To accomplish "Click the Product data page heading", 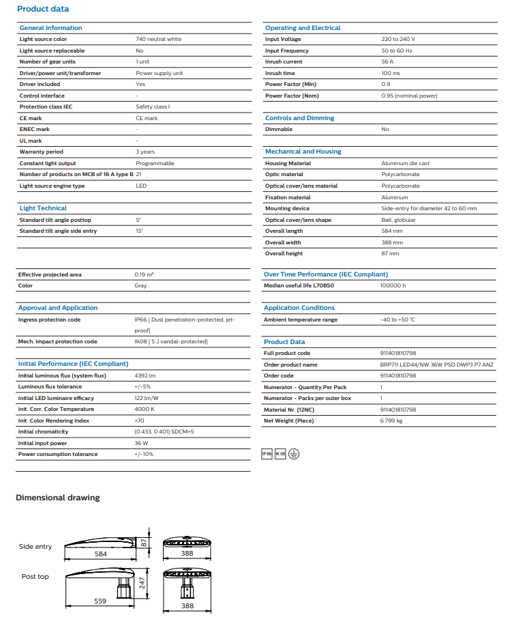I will (42, 9).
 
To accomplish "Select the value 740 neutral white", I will (158, 40).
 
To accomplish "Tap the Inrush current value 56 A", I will (387, 62).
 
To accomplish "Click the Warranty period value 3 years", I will (145, 152).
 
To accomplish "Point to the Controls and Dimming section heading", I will (299, 118).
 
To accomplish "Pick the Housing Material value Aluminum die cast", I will (405, 164).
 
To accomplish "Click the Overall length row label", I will (284, 231).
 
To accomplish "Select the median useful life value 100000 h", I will (393, 286).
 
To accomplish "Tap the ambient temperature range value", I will (397, 320).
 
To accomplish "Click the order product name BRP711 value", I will (436, 365).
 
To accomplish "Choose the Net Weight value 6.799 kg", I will (391, 421).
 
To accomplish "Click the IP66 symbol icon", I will (267, 454).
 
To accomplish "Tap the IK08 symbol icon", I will (280, 454).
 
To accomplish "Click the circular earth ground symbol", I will (294, 454).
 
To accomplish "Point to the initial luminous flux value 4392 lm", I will (145, 376).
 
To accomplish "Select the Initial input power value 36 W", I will (141, 444).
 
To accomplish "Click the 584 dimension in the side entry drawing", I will (100, 554).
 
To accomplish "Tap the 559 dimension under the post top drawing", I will (100, 601).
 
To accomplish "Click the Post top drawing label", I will (35, 577).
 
